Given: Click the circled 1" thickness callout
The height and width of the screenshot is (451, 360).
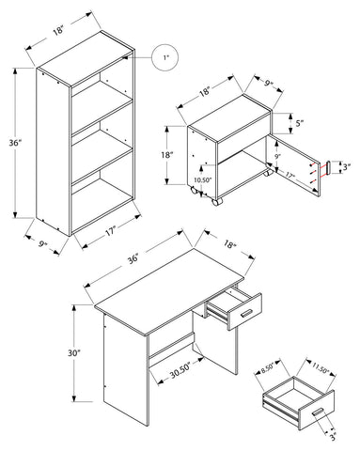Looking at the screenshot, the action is pyautogui.click(x=165, y=57).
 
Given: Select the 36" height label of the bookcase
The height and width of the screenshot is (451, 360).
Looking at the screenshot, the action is pyautogui.click(x=15, y=143).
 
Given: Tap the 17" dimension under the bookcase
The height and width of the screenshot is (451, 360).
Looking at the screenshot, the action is pyautogui.click(x=110, y=232).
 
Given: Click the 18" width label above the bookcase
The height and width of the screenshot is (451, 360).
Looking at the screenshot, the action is pyautogui.click(x=58, y=31).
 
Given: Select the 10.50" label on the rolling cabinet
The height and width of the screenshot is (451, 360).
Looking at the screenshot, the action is pyautogui.click(x=203, y=179).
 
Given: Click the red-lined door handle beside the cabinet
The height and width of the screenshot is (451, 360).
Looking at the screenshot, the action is pyautogui.click(x=328, y=167).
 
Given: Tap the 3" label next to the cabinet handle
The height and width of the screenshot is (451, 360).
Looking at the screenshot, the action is pyautogui.click(x=346, y=167).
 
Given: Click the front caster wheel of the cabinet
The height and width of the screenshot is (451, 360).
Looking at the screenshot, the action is pyautogui.click(x=217, y=201).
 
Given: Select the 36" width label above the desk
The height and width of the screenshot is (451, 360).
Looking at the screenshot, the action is pyautogui.click(x=133, y=258).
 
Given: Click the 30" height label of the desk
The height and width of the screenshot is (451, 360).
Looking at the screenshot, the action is pyautogui.click(x=74, y=353).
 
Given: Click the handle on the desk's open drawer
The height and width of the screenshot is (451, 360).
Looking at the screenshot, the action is pyautogui.click(x=247, y=313).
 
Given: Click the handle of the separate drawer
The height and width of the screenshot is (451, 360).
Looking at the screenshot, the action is pyautogui.click(x=318, y=412).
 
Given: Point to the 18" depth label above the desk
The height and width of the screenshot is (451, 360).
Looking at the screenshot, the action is pyautogui.click(x=229, y=244).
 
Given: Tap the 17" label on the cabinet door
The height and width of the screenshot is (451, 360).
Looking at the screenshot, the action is pyautogui.click(x=289, y=177).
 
